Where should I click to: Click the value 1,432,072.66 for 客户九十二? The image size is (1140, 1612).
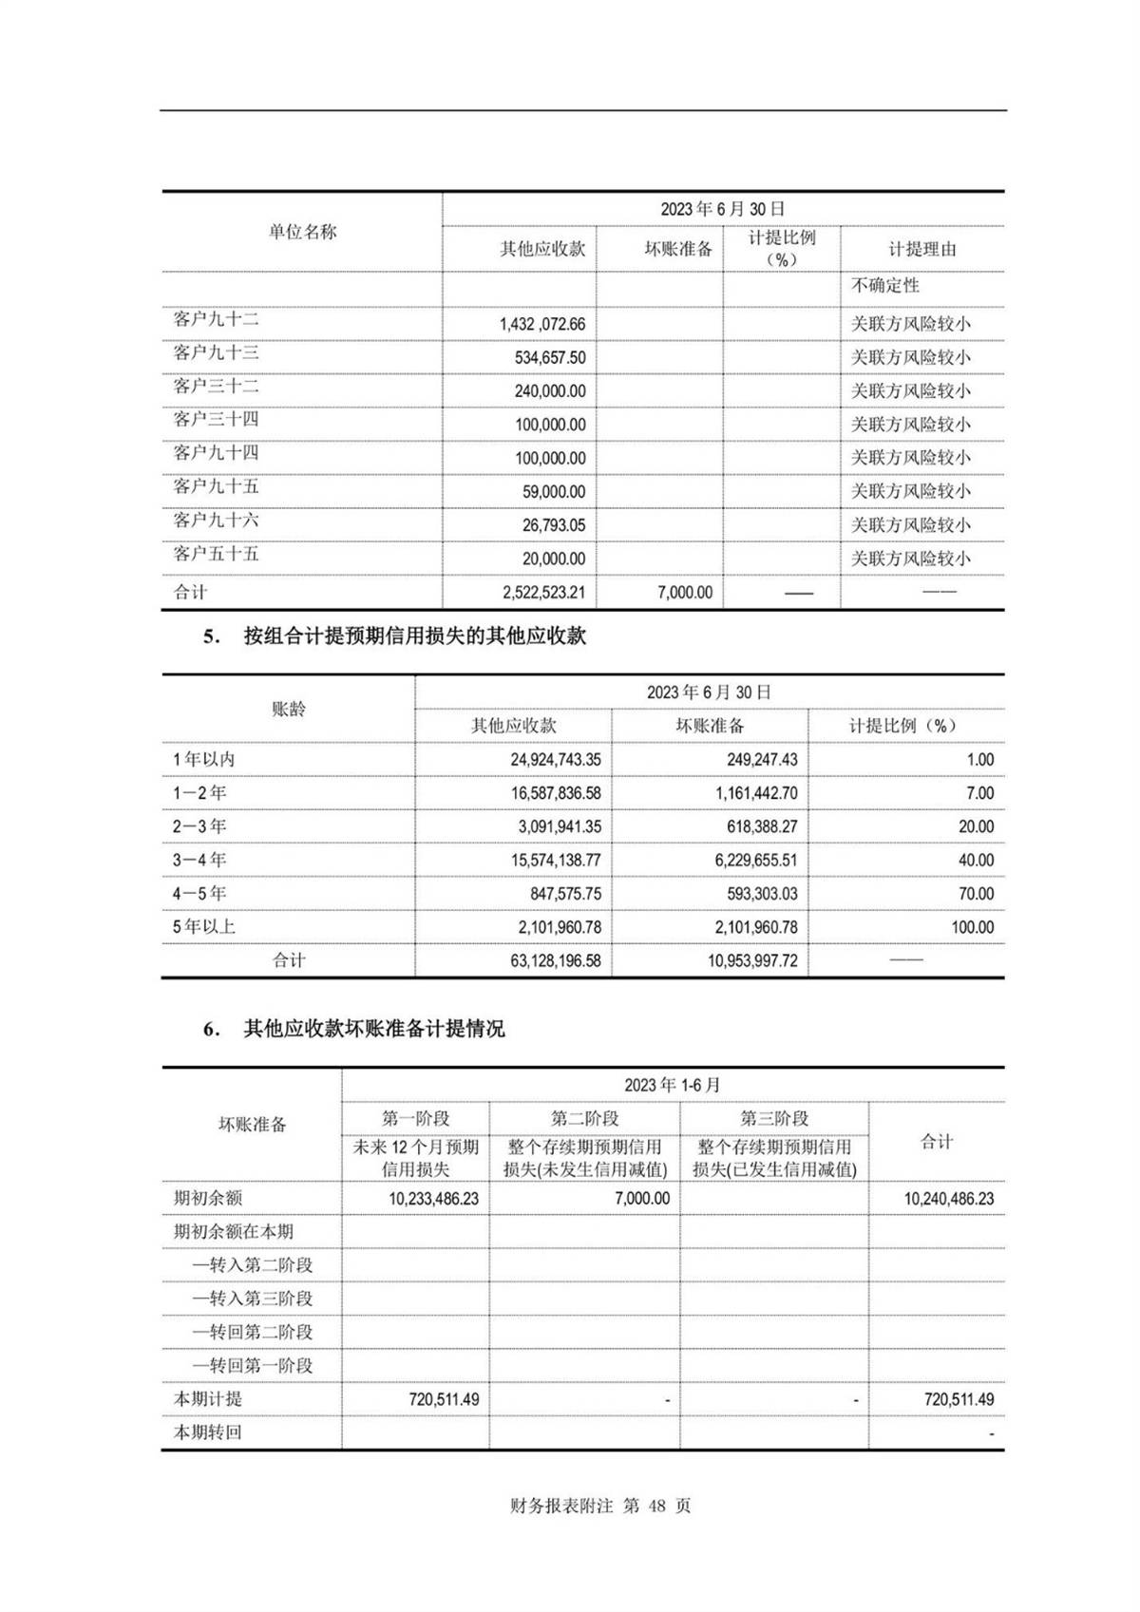[x=541, y=324]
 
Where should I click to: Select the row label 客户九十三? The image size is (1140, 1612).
[x=216, y=353]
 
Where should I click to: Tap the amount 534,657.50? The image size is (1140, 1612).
[x=550, y=358]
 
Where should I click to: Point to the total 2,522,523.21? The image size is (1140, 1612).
[x=543, y=593]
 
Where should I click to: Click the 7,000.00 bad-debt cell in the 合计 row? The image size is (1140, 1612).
[x=684, y=593]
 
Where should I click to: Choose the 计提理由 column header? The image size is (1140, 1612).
[x=921, y=250]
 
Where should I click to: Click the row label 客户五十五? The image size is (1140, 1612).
[x=216, y=554]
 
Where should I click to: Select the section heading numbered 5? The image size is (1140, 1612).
[x=394, y=636]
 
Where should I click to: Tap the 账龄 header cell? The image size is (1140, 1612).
[x=288, y=709]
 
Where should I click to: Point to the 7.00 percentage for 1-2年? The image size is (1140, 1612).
[x=978, y=793]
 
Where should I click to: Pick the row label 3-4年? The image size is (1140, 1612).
[x=199, y=861]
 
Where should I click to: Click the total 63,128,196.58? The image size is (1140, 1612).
[x=555, y=961]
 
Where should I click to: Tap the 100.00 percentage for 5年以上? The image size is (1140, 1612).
[x=972, y=927]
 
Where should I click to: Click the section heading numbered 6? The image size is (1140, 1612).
[x=353, y=1029]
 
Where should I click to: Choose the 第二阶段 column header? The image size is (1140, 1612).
[x=584, y=1119]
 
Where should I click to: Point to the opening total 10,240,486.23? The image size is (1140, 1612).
[x=948, y=1199]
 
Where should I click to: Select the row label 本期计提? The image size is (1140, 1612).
[x=207, y=1399]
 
